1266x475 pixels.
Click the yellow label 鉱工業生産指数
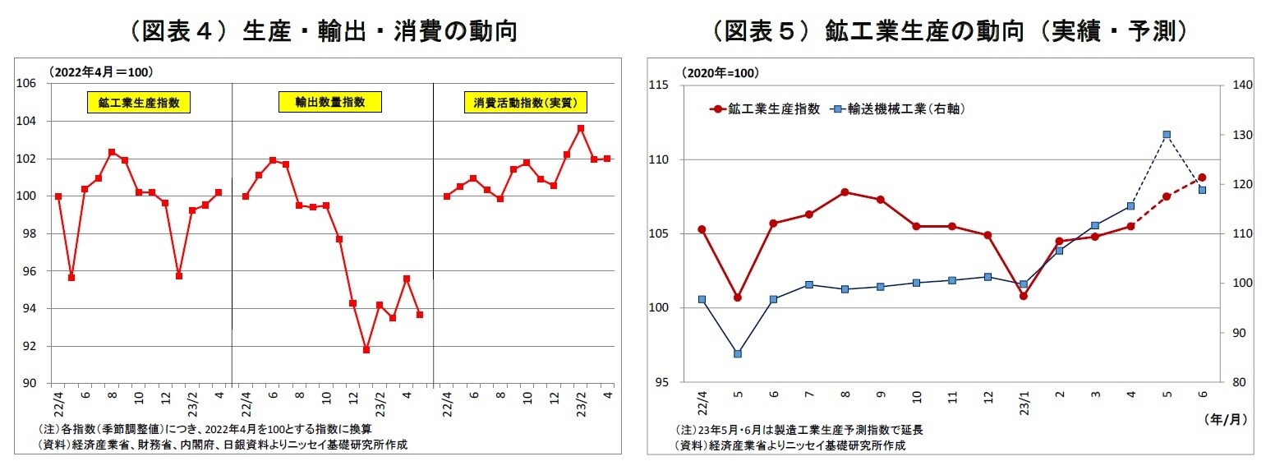(139, 104)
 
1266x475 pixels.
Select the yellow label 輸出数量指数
(329, 103)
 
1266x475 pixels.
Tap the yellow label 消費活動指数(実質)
(525, 104)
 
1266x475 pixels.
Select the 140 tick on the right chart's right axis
(1241, 85)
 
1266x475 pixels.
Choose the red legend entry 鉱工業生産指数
(767, 108)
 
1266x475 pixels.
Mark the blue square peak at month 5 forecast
(1167, 135)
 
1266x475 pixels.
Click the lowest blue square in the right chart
(738, 353)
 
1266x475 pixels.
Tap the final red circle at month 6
(1202, 178)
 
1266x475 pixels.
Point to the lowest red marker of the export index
(366, 349)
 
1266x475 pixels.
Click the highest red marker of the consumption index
(581, 128)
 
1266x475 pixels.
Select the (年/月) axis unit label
(1224, 419)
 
